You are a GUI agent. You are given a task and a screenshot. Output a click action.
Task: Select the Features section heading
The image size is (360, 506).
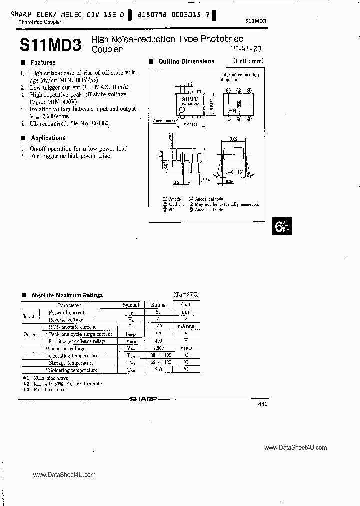coord(43,62)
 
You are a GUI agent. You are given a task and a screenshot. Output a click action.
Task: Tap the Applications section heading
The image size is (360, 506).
coord(48,138)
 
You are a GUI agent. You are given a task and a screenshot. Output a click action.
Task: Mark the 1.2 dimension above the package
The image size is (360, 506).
coord(189,85)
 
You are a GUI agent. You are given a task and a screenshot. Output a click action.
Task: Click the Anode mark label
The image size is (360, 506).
coord(163,121)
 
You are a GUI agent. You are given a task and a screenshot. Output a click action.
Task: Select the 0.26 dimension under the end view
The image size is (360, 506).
coord(229,182)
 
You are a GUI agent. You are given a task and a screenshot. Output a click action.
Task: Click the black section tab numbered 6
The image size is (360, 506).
coord(281,227)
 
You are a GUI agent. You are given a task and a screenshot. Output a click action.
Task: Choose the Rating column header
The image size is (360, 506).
coord(158,304)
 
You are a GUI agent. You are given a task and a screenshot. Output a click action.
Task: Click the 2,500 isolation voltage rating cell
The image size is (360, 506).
coord(158,348)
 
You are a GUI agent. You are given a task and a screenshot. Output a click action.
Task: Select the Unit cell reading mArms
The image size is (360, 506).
coord(185,326)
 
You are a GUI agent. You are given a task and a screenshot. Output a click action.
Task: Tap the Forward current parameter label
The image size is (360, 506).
coord(66,312)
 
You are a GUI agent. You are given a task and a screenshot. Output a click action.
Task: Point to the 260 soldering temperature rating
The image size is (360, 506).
coord(158,370)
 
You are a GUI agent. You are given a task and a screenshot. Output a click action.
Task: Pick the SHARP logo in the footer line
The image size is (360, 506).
coord(143,399)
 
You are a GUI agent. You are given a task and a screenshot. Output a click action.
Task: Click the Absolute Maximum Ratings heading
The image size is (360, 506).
coord(67,295)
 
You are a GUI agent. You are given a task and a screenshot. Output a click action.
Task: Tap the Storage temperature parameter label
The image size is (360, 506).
coord(71,363)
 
